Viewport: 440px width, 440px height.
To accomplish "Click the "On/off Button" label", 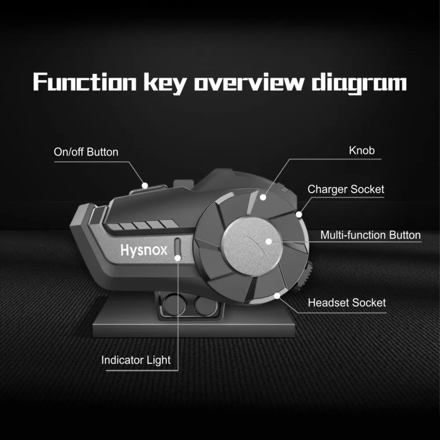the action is click(86, 152).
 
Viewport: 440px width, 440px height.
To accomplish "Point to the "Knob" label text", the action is click(362, 150).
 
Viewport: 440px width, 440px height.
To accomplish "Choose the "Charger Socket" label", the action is click(345, 190).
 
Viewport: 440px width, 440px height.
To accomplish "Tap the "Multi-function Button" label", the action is click(370, 235).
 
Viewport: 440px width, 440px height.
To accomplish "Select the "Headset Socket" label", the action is click(347, 303).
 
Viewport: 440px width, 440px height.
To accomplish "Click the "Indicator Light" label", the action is click(136, 360).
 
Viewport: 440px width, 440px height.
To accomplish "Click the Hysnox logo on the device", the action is click(143, 250).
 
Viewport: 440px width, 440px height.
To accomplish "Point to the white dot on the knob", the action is click(263, 197).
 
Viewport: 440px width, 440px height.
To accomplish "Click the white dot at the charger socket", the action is click(299, 215).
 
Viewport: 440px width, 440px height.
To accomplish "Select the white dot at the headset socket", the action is click(276, 295).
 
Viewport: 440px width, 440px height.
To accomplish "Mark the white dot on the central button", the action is click(268, 241).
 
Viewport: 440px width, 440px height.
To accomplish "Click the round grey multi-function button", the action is click(252, 244).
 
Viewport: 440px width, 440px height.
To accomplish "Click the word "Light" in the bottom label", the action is click(159, 360).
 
